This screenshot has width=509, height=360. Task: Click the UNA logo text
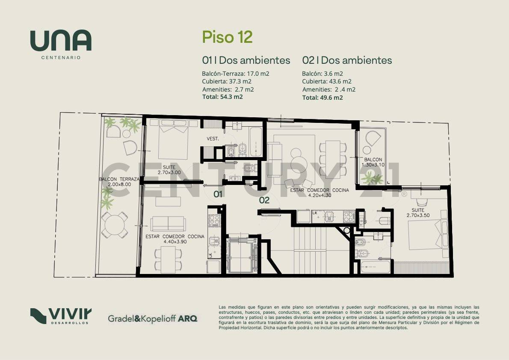pyautogui.click(x=60, y=42)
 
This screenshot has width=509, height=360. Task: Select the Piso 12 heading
pyautogui.click(x=227, y=37)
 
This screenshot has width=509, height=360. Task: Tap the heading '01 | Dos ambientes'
pyautogui.click(x=246, y=60)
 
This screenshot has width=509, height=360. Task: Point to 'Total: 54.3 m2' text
pyautogui.click(x=222, y=97)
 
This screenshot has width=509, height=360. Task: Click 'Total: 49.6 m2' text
pyautogui.click(x=323, y=97)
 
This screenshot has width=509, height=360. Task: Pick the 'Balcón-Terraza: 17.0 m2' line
pyautogui.click(x=236, y=74)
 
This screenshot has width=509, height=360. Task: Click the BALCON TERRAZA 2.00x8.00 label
pyautogui.click(x=119, y=181)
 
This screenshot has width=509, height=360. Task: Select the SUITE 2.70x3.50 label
pyautogui.click(x=418, y=213)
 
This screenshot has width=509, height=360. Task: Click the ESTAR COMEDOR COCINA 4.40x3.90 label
pyautogui.click(x=175, y=239)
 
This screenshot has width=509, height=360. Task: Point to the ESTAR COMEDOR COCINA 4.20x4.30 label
pyautogui.click(x=319, y=193)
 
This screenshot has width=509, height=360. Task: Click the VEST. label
pyautogui.click(x=213, y=139)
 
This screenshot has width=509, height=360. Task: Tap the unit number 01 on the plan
pyautogui.click(x=218, y=194)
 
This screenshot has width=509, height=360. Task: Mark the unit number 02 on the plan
pyautogui.click(x=264, y=199)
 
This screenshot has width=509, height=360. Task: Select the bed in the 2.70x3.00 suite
pyautogui.click(x=173, y=140)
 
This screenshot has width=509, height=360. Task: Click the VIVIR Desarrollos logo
pyautogui.click(x=60, y=316)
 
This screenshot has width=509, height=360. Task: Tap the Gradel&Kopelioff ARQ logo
pyautogui.click(x=152, y=318)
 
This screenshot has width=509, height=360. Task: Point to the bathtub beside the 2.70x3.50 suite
pyautogui.click(x=375, y=268)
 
